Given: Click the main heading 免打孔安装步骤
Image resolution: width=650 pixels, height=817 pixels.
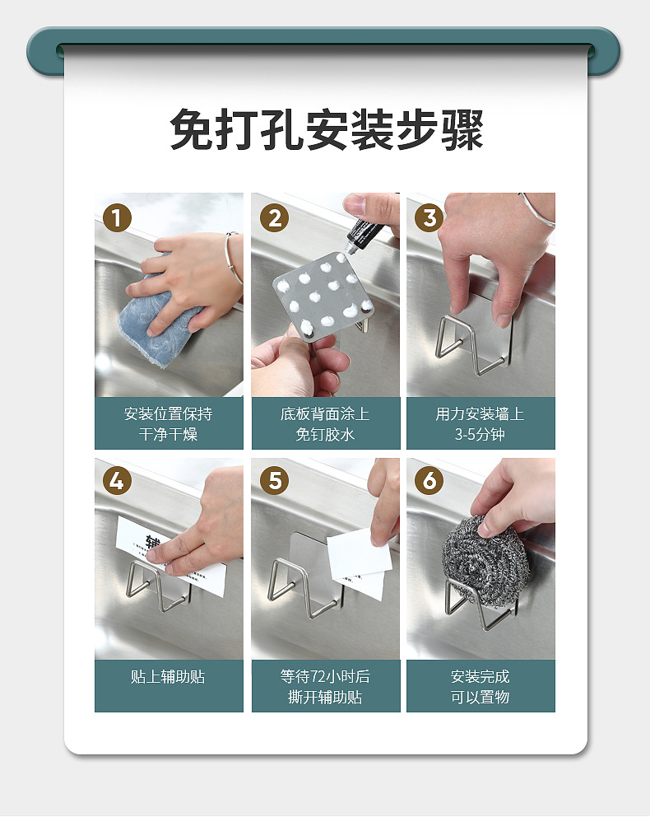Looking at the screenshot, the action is tap(327, 129).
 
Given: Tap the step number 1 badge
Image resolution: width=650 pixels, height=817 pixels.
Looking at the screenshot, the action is tap(117, 217).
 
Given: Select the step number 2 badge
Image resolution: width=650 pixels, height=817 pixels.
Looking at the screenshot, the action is tap(274, 217).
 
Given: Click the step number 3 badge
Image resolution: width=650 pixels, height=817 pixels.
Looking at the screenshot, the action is tap(429, 217).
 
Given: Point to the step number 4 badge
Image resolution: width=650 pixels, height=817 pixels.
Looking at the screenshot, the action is tap(117, 480).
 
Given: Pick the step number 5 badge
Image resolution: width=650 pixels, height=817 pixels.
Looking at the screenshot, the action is tap(274, 480).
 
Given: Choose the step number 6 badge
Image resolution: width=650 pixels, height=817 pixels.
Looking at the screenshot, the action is tap(429, 480).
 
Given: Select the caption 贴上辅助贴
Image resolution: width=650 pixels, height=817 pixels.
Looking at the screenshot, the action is tap(168, 676).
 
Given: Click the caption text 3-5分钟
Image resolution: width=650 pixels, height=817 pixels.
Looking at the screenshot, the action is tap(480, 434).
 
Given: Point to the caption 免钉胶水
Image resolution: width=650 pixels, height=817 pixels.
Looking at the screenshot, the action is tap(325, 434).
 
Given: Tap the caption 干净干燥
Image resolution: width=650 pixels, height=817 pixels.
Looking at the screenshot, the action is tap(168, 434).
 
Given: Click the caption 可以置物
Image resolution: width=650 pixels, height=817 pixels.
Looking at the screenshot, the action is tap(480, 697).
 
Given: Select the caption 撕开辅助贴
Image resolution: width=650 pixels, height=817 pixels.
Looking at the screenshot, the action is tap(325, 697).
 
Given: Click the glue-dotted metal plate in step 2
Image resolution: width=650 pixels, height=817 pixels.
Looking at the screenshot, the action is tap(323, 298).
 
